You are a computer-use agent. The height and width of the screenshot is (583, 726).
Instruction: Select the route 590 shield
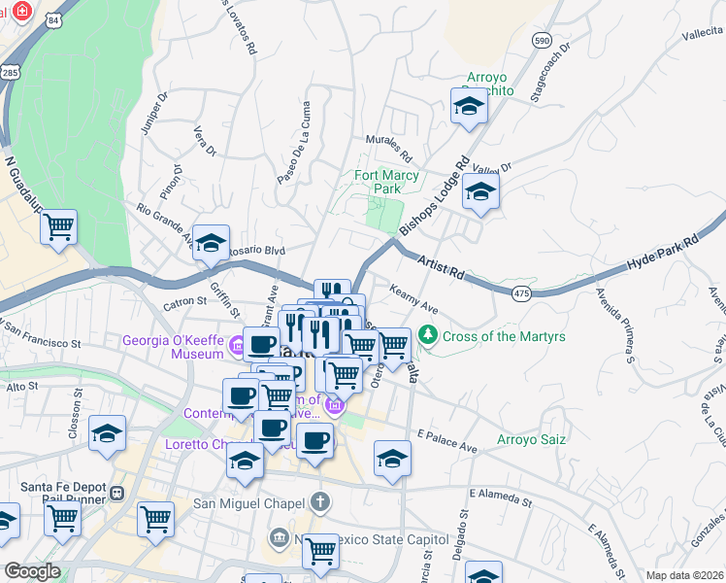[543, 39]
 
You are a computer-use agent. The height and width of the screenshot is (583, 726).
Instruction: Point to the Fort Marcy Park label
[386, 182]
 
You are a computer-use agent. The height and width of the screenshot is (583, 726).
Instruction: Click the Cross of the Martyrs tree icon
[427, 335]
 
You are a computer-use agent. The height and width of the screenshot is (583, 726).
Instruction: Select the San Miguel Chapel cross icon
[320, 502]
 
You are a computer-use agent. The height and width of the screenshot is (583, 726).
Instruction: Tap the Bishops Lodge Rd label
[434, 195]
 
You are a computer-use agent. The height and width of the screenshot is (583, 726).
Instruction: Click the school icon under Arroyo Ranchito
[469, 107]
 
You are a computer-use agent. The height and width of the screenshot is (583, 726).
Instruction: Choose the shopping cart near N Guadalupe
[59, 226]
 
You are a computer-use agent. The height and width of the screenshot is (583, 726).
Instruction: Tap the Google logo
[32, 571]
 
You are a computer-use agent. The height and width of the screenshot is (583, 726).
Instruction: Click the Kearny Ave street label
[414, 299]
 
